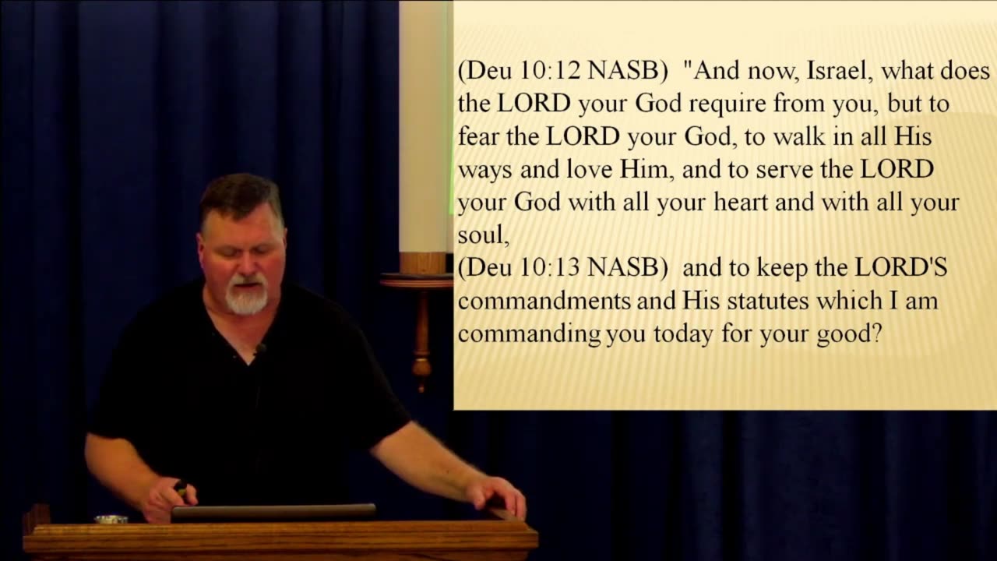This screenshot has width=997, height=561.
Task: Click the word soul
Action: tap(483, 235)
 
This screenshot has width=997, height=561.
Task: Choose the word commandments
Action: tap(544, 300)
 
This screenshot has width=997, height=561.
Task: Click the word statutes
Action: tap(768, 300)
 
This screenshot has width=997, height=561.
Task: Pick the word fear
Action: tap(478, 136)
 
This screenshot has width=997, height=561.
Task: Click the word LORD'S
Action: tap(901, 267)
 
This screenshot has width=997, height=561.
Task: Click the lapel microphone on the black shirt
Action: tap(260, 348)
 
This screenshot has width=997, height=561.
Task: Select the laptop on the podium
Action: tap(273, 513)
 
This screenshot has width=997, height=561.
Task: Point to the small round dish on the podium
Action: tap(111, 519)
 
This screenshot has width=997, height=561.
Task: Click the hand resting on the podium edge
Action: tap(496, 495)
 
